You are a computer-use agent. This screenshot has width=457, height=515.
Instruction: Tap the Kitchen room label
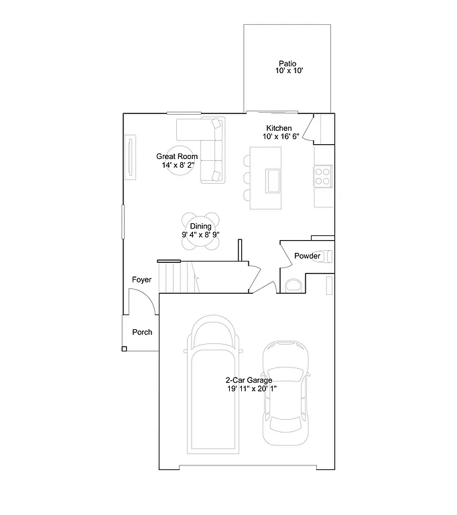point(279,128)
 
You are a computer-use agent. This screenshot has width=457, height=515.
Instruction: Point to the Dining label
point(200,227)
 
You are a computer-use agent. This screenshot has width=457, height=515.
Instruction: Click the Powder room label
point(307,256)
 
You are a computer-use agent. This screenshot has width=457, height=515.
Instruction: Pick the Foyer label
point(141,280)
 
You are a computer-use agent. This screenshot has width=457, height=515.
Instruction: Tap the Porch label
point(142,332)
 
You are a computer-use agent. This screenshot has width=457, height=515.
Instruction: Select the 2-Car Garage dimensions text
point(251,388)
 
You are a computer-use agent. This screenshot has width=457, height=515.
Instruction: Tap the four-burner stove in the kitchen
point(323,176)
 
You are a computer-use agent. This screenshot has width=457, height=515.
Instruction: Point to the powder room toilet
point(293,285)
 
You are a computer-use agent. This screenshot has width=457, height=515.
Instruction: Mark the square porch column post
point(124,349)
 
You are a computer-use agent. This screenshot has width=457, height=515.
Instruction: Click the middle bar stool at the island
point(247,178)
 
